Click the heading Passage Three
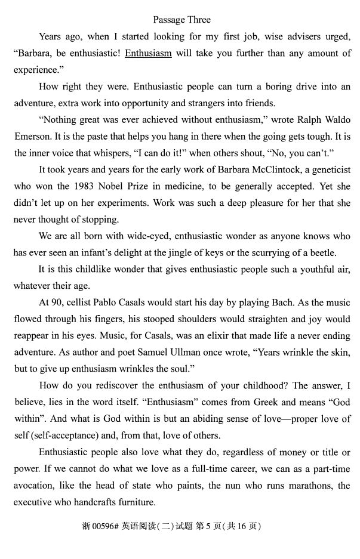tap(181, 20)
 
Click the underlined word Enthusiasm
tap(148, 53)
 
